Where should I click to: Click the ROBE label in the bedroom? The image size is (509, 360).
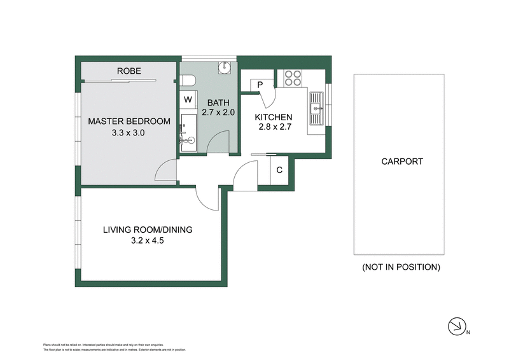pyautogui.click(x=129, y=71)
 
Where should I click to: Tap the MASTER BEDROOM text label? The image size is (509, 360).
pyautogui.click(x=129, y=121)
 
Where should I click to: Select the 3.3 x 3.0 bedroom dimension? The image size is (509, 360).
pyautogui.click(x=129, y=133)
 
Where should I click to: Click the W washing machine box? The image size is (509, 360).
pyautogui.click(x=188, y=100)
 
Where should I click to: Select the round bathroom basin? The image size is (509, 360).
pyautogui.click(x=223, y=67)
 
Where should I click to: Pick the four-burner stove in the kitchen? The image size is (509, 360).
pyautogui.click(x=292, y=78)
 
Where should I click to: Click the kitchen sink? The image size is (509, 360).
pyautogui.click(x=316, y=107)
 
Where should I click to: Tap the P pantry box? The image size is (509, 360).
pyautogui.click(x=261, y=85)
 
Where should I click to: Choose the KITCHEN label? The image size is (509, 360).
pyautogui.click(x=274, y=117)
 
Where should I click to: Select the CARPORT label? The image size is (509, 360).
pyautogui.click(x=402, y=162)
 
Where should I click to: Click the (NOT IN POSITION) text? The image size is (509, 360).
pyautogui.click(x=401, y=267)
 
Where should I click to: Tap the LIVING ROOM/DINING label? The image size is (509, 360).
pyautogui.click(x=148, y=230)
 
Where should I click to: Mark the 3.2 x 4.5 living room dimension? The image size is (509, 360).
pyautogui.click(x=148, y=240)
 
